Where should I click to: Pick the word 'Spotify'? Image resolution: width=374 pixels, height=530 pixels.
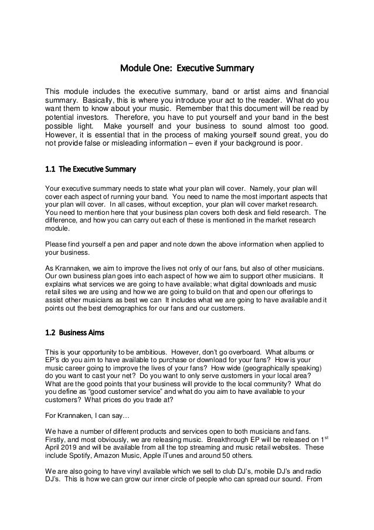pos(80,455)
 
